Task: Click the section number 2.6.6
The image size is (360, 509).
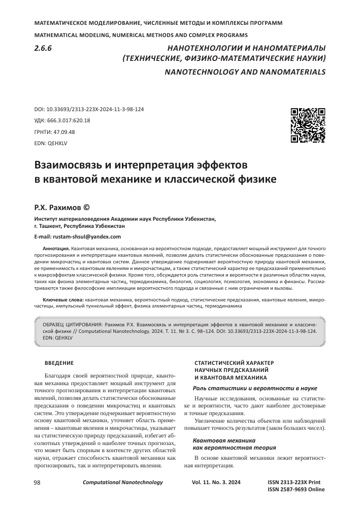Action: (44, 49)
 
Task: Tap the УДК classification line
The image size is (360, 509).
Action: (61, 120)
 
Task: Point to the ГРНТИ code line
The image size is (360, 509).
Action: (54, 132)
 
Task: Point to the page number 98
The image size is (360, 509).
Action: (37, 482)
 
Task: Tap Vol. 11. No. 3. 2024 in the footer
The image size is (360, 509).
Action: (218, 482)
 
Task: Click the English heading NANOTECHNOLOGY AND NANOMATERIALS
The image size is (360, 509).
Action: (245, 72)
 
